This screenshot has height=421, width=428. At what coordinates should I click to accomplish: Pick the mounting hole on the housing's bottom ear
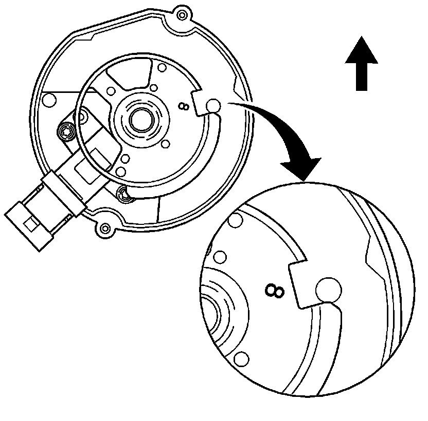(x=105, y=228)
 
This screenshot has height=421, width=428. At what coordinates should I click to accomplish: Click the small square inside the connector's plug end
(x=30, y=224)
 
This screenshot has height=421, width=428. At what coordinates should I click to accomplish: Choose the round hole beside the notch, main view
(x=213, y=106)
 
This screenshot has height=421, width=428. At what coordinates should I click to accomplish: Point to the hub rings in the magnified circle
(x=219, y=313)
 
